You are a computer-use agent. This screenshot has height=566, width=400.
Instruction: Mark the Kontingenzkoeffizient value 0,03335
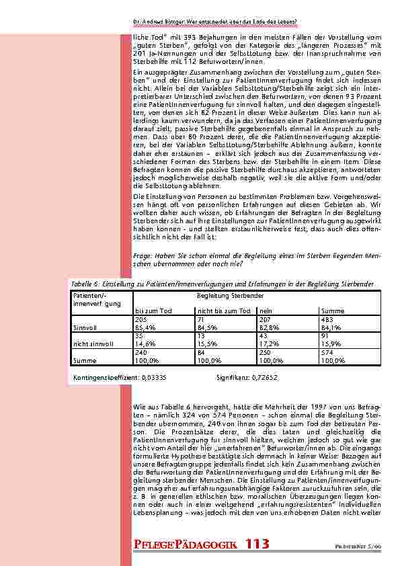[x=154, y=377]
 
